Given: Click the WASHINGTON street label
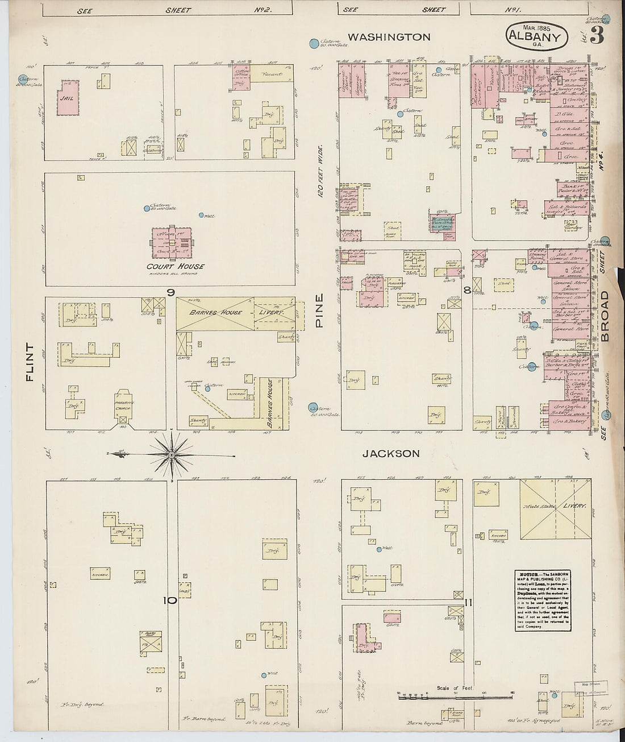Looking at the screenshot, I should tap(389, 37).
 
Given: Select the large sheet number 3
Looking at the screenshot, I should tap(596, 35).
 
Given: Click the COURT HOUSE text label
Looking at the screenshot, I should tap(175, 266).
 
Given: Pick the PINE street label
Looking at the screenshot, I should tap(319, 310).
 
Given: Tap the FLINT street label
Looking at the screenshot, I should tap(30, 362).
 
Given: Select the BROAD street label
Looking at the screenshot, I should tap(604, 316).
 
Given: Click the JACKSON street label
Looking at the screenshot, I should tap(391, 453).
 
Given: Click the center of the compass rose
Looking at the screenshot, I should tap(171, 454).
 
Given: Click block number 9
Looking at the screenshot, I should tap(170, 292).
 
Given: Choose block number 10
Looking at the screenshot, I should tap(170, 600).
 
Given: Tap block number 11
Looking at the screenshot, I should tap(468, 602).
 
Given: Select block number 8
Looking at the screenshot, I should tap(466, 291).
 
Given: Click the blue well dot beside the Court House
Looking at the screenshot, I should tap(201, 215).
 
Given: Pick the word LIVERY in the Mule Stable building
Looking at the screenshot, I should tap(574, 505).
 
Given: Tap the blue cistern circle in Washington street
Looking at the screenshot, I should tap(312, 43).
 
